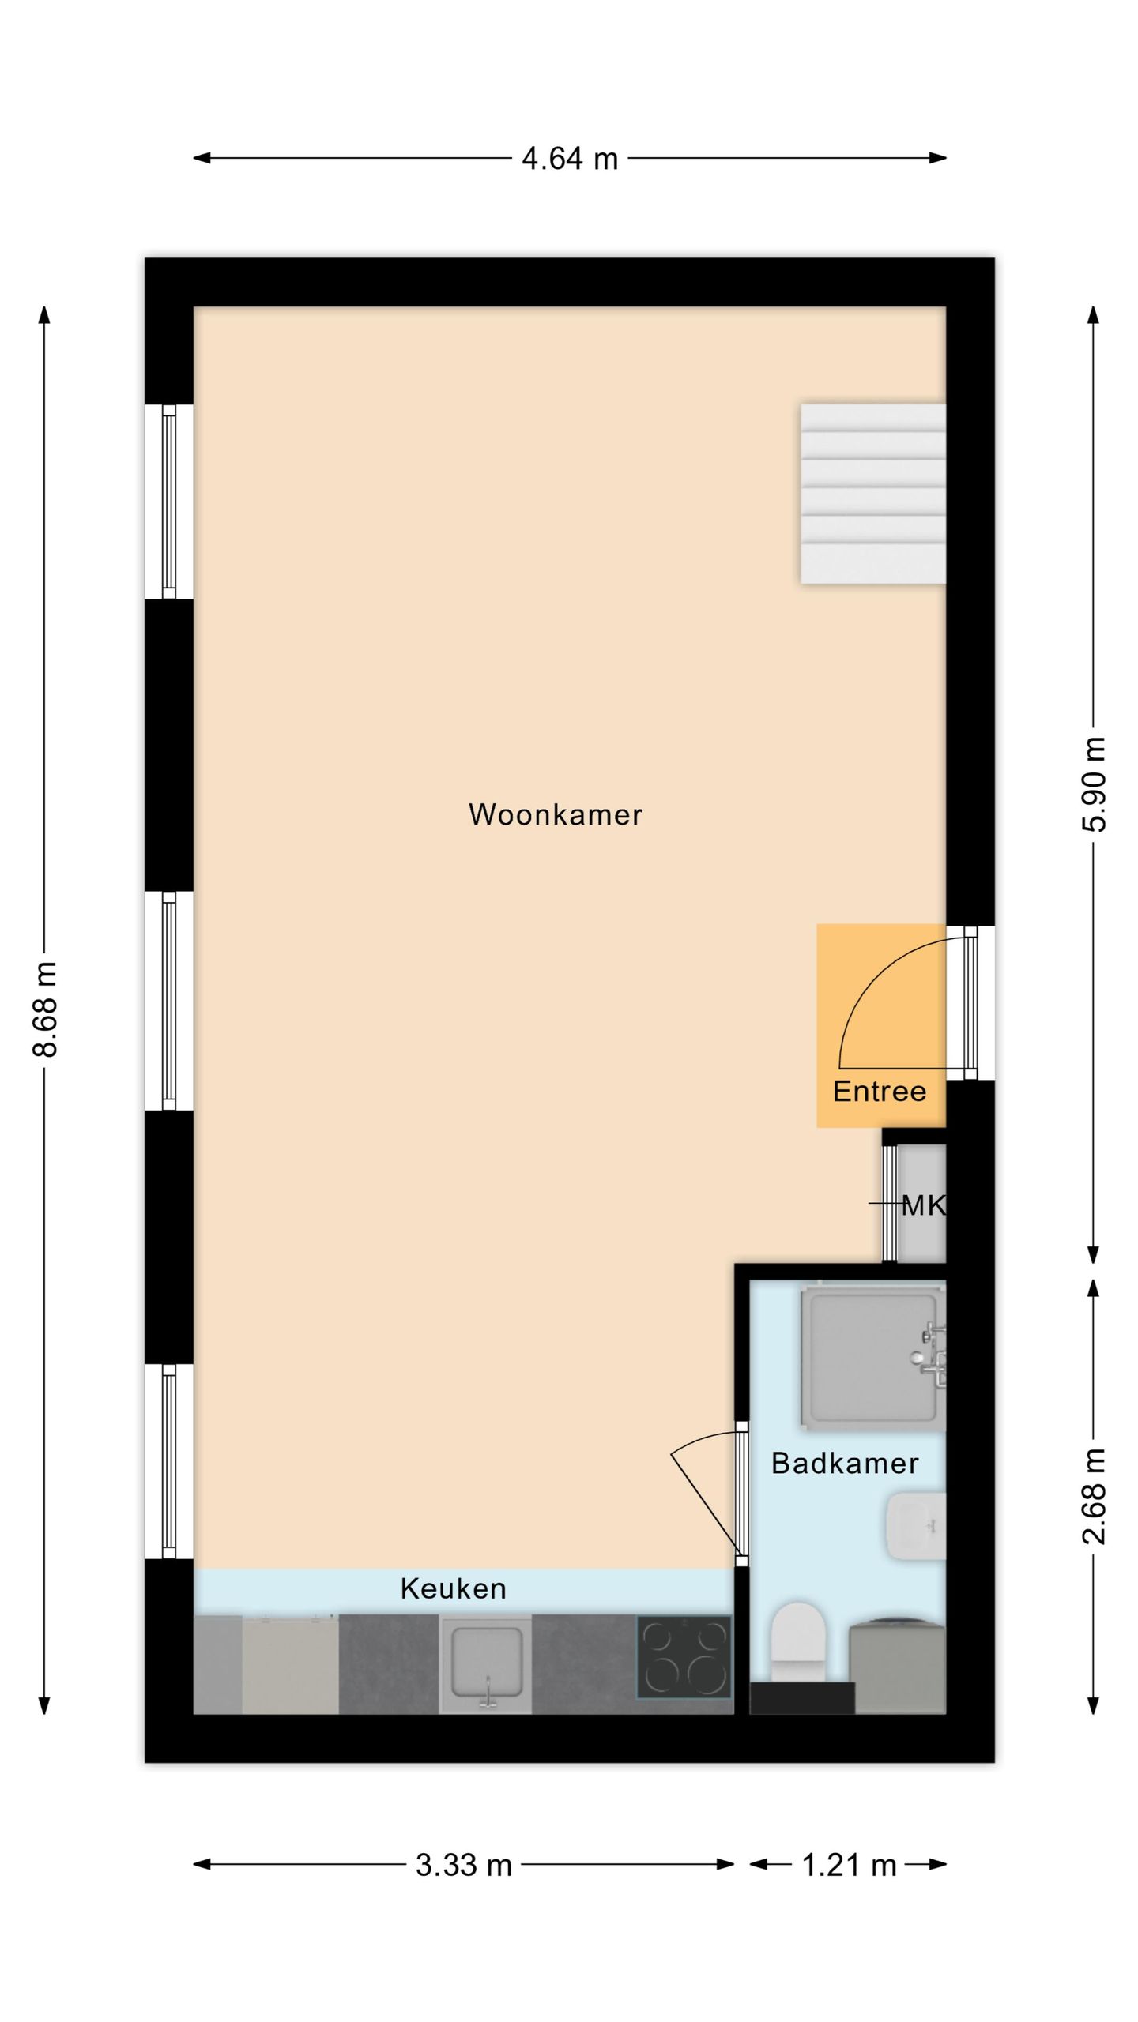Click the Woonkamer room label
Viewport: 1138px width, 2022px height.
point(556,814)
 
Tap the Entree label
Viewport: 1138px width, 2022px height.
point(880,1091)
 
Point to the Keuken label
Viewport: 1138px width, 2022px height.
point(453,1588)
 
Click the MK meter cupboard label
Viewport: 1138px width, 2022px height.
point(923,1205)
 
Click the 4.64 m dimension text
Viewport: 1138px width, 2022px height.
point(570,159)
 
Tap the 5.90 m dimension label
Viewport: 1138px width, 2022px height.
point(1095,784)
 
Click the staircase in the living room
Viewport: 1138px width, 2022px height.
point(873,494)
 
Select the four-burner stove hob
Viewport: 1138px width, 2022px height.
point(684,1656)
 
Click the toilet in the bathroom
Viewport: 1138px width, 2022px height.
point(798,1641)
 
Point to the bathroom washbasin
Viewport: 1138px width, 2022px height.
point(916,1526)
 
